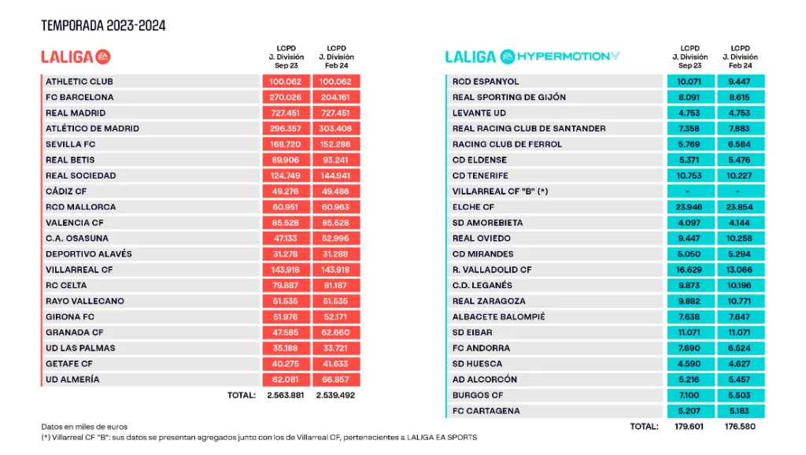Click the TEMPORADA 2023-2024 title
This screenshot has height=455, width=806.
[x=103, y=26]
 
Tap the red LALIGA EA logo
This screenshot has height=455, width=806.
[x=76, y=57]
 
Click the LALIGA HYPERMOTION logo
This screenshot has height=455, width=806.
[x=532, y=57]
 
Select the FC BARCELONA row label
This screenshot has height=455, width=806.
[x=79, y=98]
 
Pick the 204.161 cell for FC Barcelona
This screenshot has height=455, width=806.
[x=336, y=98]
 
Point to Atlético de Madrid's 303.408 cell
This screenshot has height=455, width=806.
[x=336, y=128]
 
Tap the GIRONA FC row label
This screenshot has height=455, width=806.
[x=70, y=316]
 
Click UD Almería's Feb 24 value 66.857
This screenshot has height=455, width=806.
[x=336, y=379]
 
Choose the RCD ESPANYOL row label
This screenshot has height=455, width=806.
[x=486, y=82]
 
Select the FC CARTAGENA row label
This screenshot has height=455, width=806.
[x=486, y=411]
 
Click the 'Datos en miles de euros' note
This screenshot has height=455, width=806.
[x=83, y=426]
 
